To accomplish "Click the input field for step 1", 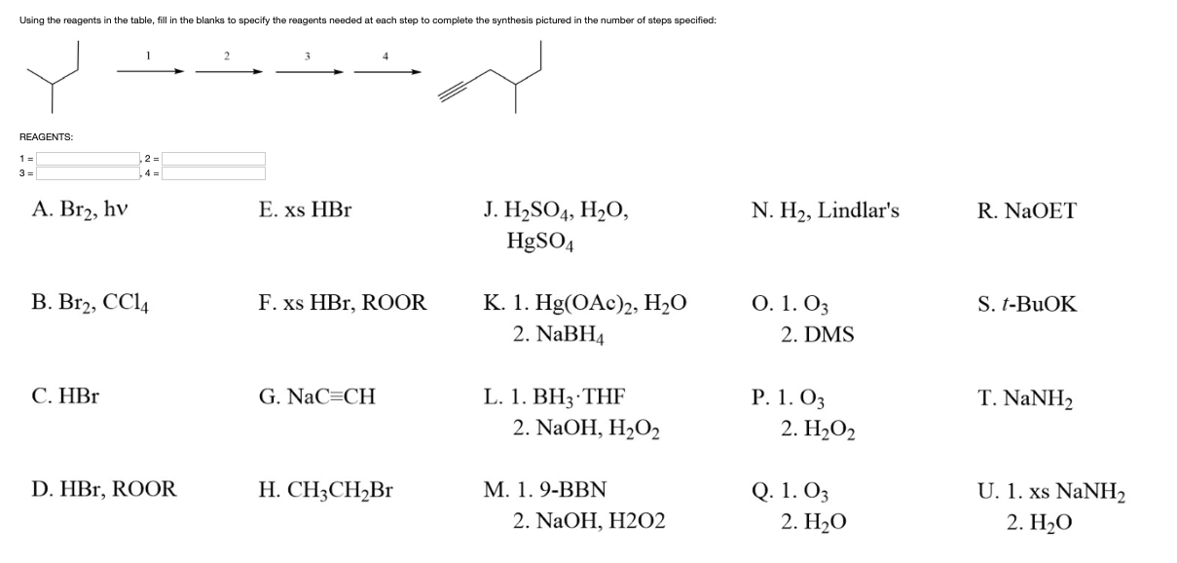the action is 90,158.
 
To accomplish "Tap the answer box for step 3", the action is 90,173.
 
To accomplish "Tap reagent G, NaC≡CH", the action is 317,396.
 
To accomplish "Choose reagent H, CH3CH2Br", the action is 326,490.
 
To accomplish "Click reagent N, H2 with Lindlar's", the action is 826,210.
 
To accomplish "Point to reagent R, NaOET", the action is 1028,210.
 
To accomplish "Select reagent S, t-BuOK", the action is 1028,303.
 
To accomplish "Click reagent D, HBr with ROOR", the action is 104,490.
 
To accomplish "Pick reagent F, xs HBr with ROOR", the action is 343,303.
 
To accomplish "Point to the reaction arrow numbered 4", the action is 386,71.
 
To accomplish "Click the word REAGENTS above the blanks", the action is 46,137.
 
